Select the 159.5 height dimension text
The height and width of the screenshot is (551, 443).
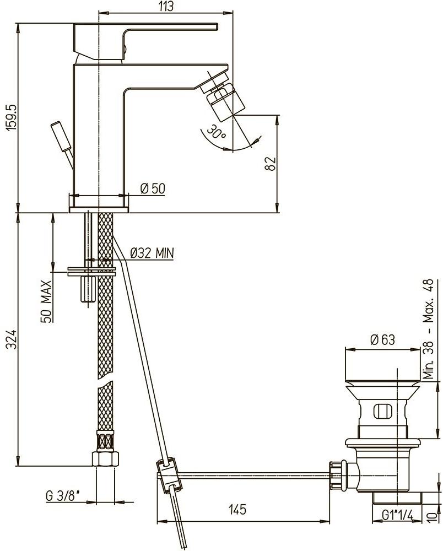pos(9,117)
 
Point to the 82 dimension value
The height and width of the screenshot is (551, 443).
pos(270,163)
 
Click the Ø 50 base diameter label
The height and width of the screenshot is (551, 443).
pos(153,188)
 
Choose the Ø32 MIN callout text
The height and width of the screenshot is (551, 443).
pos(152,253)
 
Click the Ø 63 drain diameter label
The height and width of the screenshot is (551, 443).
pos(382,340)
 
